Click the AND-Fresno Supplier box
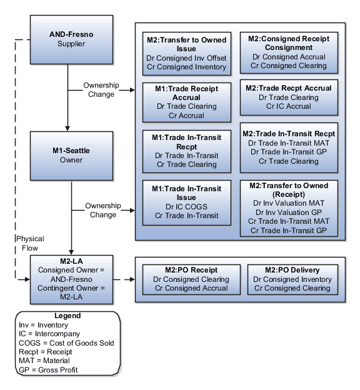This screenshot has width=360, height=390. click(71, 39)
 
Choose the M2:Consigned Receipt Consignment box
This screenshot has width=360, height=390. click(289, 52)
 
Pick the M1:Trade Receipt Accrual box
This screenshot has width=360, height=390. click(186, 98)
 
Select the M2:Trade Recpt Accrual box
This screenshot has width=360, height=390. click(289, 97)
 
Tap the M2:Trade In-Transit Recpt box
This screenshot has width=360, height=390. click(289, 147)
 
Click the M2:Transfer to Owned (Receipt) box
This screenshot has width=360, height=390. click(289, 208)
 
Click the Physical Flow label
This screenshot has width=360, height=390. click(30, 243)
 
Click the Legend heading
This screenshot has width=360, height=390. click(67, 316)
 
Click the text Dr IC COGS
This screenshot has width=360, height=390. click(186, 207)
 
